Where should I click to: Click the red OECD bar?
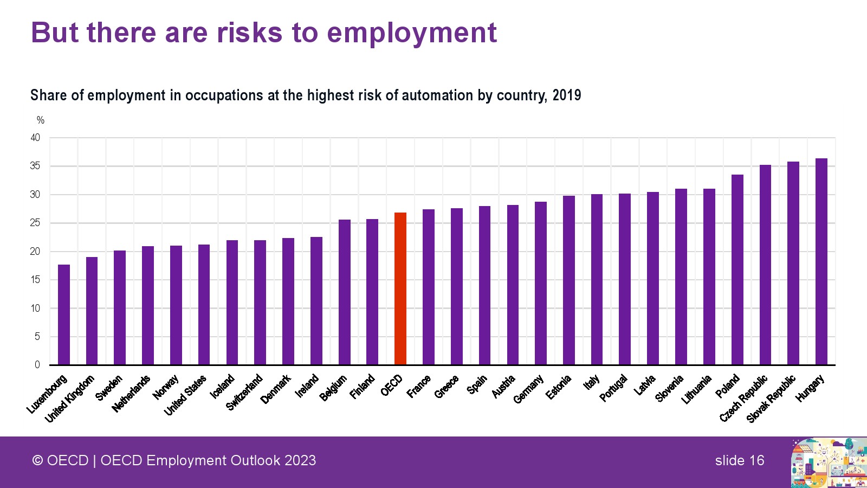pyautogui.click(x=400, y=288)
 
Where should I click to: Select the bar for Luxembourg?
pyautogui.click(x=64, y=314)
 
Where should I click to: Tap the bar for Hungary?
pyautogui.click(x=821, y=261)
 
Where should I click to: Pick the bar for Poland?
pyautogui.click(x=737, y=269)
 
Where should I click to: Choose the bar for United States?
pyautogui.click(x=204, y=305)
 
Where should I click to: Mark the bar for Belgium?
pyautogui.click(x=345, y=292)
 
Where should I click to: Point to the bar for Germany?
pyautogui.click(x=541, y=283)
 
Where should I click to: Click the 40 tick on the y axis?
pyautogui.click(x=35, y=138)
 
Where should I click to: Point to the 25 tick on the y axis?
pyautogui.click(x=35, y=223)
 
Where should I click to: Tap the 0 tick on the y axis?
pyautogui.click(x=37, y=365)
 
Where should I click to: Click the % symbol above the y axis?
pyautogui.click(x=41, y=120)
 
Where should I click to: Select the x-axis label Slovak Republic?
pyautogui.click(x=771, y=399)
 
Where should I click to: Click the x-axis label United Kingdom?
pyautogui.click(x=70, y=399)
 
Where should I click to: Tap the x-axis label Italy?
pyautogui.click(x=591, y=382)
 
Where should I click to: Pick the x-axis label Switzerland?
pyautogui.click(x=244, y=392)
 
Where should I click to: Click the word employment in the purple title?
pyautogui.click(x=411, y=33)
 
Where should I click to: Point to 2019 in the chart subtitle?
pyautogui.click(x=567, y=95)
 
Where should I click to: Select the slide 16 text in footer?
pyautogui.click(x=739, y=460)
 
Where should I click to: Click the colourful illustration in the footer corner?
pyautogui.click(x=829, y=463)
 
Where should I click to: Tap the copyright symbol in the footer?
pyautogui.click(x=37, y=460)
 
